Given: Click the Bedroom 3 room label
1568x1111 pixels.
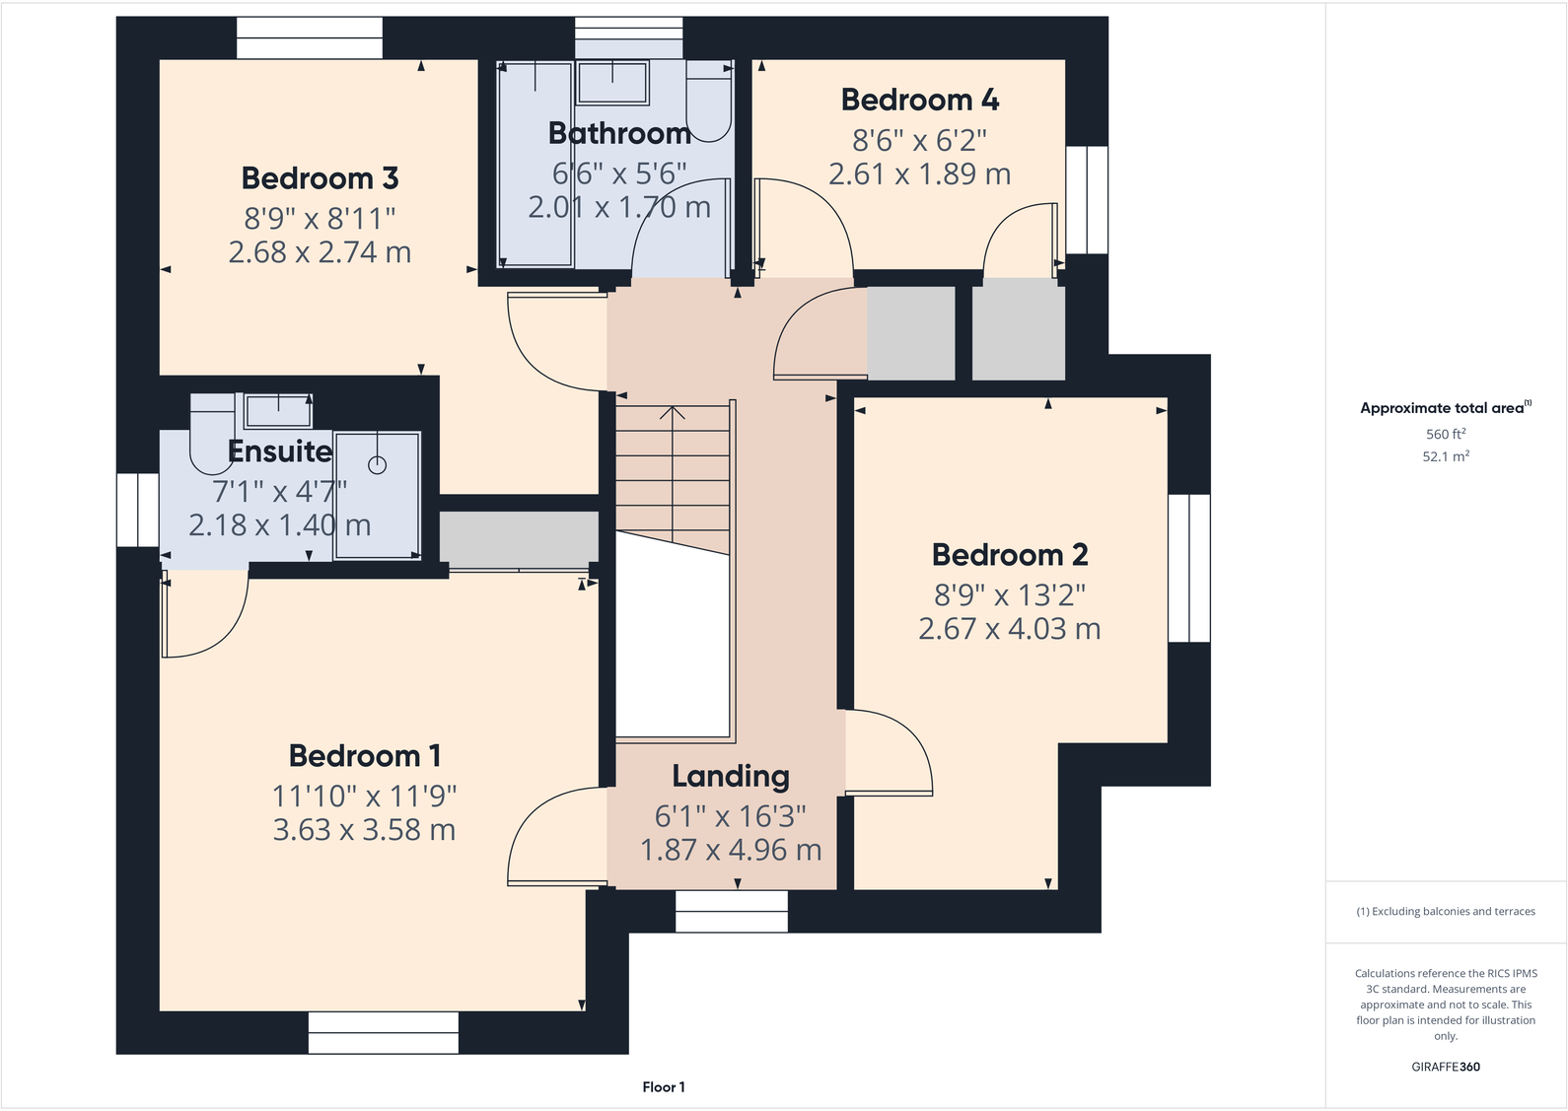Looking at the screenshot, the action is (x=320, y=178).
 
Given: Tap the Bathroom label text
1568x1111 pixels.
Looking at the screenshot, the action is (x=619, y=133).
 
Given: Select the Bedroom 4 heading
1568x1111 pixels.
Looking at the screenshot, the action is (x=920, y=100).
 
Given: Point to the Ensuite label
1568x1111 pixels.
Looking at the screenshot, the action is (x=280, y=451).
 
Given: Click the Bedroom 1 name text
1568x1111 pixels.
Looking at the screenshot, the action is (x=365, y=755).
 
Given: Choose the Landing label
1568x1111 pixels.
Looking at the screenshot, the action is (x=731, y=776).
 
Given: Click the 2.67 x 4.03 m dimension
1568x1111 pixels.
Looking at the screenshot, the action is (x=1010, y=628).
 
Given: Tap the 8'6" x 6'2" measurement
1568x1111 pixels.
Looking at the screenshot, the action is (x=919, y=141).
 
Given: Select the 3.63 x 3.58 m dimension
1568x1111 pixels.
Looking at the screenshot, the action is (x=364, y=830).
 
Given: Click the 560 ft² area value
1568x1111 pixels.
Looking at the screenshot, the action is (x=1446, y=434).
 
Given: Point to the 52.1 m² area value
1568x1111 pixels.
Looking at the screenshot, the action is (x=1446, y=456).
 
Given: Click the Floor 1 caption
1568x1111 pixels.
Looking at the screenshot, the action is (x=664, y=1087).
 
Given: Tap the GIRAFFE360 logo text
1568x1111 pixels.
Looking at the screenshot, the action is (x=1446, y=1067).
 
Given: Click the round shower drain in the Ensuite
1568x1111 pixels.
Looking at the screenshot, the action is (x=378, y=465).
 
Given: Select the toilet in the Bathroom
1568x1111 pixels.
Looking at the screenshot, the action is (x=708, y=102).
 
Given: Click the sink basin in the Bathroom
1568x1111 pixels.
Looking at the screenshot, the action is (x=612, y=83).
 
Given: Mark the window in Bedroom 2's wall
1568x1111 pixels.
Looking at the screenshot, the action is (x=1189, y=568).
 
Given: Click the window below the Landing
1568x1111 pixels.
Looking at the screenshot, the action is (x=732, y=911).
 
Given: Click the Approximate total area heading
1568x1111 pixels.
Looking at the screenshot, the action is (x=1446, y=408).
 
